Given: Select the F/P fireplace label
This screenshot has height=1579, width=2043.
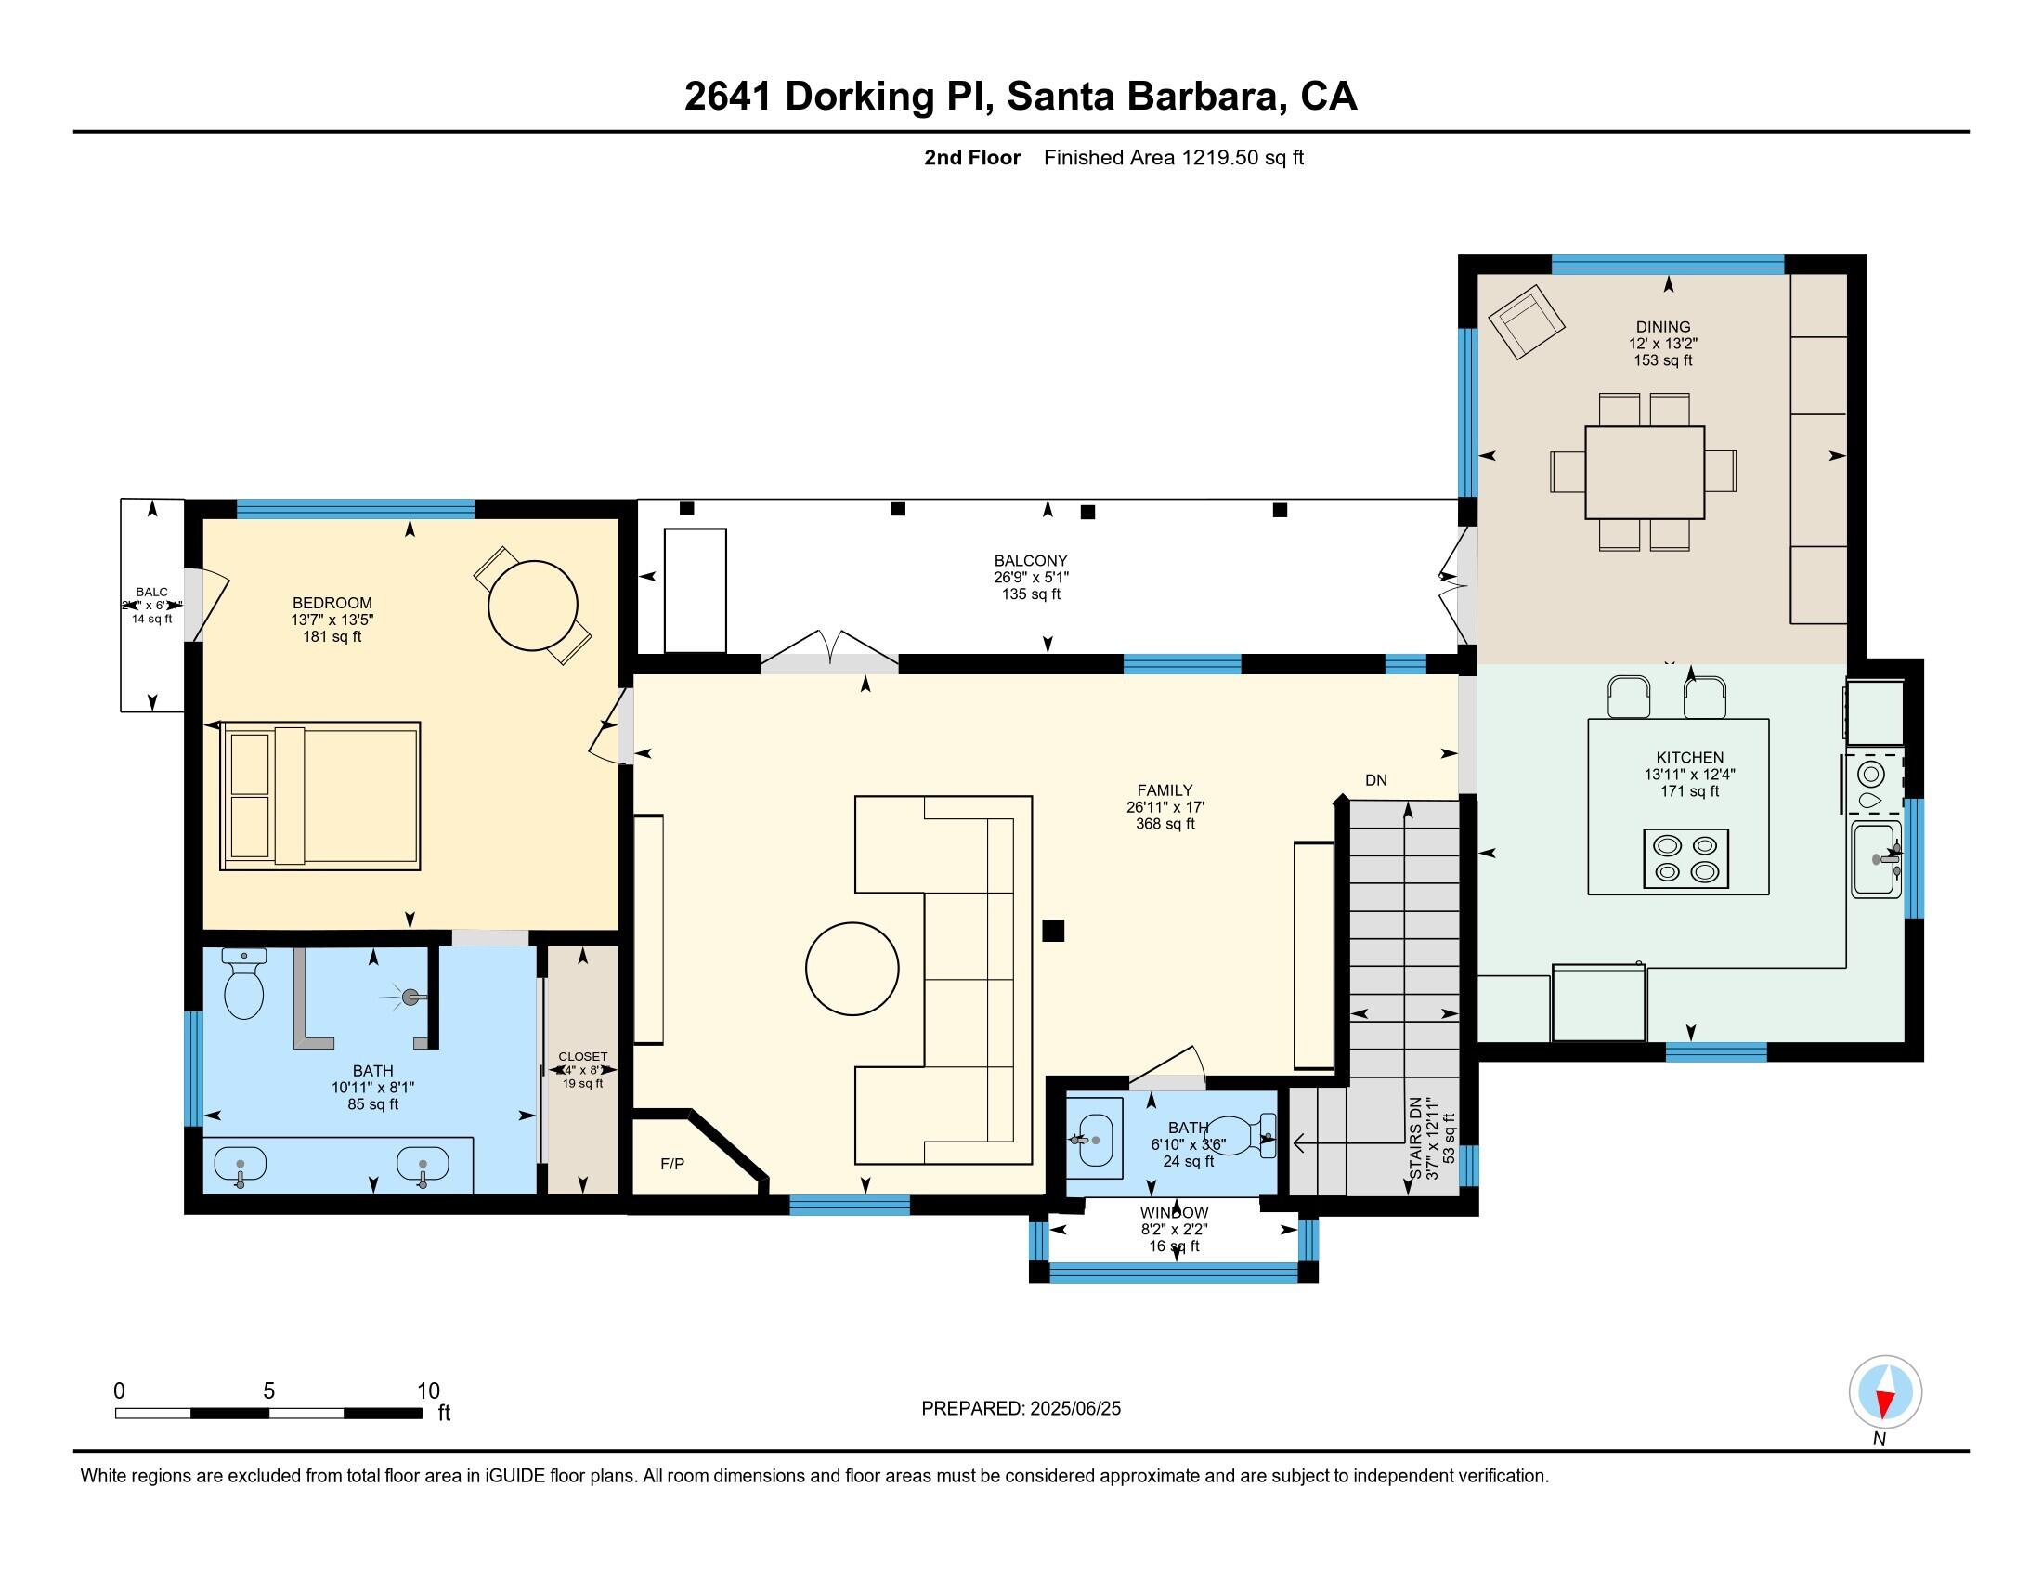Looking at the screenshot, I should [x=671, y=1164].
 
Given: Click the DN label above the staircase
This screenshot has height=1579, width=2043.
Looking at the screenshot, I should [x=1375, y=780].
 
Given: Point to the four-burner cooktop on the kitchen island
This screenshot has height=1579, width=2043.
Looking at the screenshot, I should [x=1685, y=858].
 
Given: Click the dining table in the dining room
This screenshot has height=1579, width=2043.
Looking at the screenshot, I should [x=1644, y=472].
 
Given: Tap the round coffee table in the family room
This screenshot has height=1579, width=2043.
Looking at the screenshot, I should [x=852, y=968].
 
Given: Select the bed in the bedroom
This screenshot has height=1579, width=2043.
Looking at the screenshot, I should [x=320, y=795].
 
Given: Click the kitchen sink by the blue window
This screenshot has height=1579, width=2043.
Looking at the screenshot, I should [x=1875, y=859].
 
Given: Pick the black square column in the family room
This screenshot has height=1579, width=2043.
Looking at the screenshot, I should [x=1052, y=930].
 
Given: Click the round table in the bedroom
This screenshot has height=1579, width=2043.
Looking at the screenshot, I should [x=532, y=606].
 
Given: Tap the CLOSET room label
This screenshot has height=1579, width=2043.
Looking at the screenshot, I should [x=582, y=1056].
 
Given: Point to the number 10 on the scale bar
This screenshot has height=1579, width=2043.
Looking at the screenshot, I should [x=427, y=1390].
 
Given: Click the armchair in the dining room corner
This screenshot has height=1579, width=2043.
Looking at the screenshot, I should [x=1526, y=320].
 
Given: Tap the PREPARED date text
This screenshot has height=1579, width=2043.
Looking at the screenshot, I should [x=1021, y=1409].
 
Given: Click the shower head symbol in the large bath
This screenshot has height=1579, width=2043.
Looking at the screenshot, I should [x=409, y=998].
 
